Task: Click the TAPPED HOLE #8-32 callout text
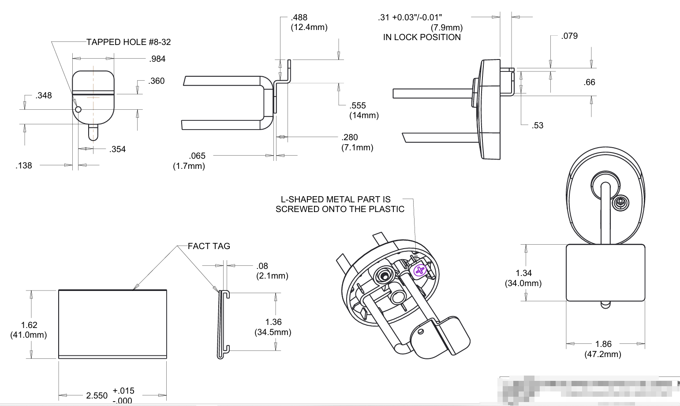(128, 42)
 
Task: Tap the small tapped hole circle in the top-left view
(78, 109)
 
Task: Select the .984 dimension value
(157, 59)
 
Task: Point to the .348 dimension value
(44, 96)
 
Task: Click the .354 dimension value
(118, 149)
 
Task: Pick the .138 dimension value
(24, 166)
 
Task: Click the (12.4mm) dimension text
(309, 27)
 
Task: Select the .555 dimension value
(358, 106)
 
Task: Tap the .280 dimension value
(350, 138)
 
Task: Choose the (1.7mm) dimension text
(189, 166)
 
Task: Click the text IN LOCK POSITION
(422, 37)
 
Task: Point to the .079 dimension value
(569, 36)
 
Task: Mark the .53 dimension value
(538, 126)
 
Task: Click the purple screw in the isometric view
(420, 270)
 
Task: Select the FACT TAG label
(209, 246)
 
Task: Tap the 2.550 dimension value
(97, 395)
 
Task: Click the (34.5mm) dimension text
(273, 332)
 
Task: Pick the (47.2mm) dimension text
(603, 354)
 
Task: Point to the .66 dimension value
(589, 82)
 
